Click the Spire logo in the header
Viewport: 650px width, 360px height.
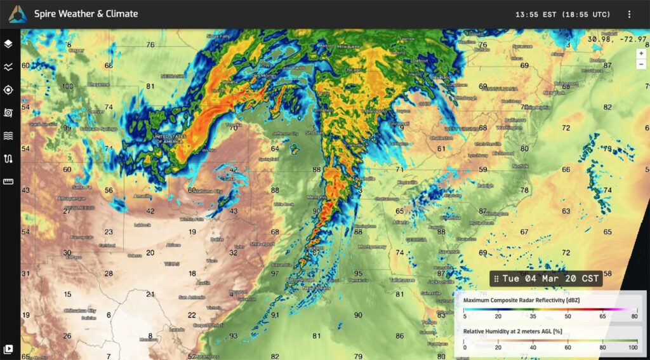click(x=17, y=14)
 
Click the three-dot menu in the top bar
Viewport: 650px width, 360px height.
click(x=629, y=14)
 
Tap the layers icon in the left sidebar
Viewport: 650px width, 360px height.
click(x=8, y=44)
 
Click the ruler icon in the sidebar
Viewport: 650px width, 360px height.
click(x=8, y=182)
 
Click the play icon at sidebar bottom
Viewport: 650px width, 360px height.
click(x=8, y=349)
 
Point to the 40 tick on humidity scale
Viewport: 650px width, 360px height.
click(x=533, y=347)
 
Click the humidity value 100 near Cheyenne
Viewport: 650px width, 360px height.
click(x=68, y=86)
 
